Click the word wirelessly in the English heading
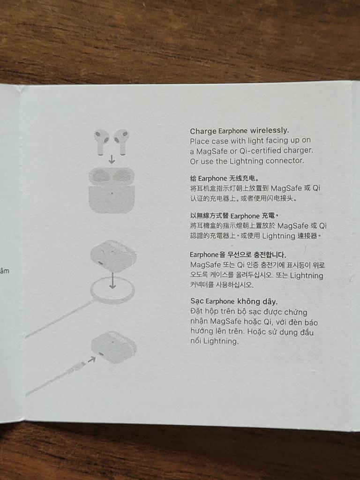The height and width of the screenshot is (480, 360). pos(270,130)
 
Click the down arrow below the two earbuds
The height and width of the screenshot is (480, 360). pos(112,159)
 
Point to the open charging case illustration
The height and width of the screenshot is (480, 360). pos(112,190)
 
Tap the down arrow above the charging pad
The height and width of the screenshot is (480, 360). pos(113,280)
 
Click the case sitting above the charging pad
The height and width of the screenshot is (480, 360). pos(113,256)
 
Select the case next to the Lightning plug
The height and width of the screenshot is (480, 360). pos(114,347)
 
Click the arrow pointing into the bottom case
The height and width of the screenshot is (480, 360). pos(91,360)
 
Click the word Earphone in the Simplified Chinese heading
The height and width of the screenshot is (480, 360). pos(212,179)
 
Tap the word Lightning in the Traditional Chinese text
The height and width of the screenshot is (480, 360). pos(278,236)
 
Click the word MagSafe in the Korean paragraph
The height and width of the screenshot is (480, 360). pos(205,265)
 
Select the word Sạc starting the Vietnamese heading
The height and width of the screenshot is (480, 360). pos(197,301)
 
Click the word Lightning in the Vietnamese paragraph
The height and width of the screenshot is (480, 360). pos(220,341)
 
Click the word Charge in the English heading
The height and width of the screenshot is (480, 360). pos(203,131)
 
